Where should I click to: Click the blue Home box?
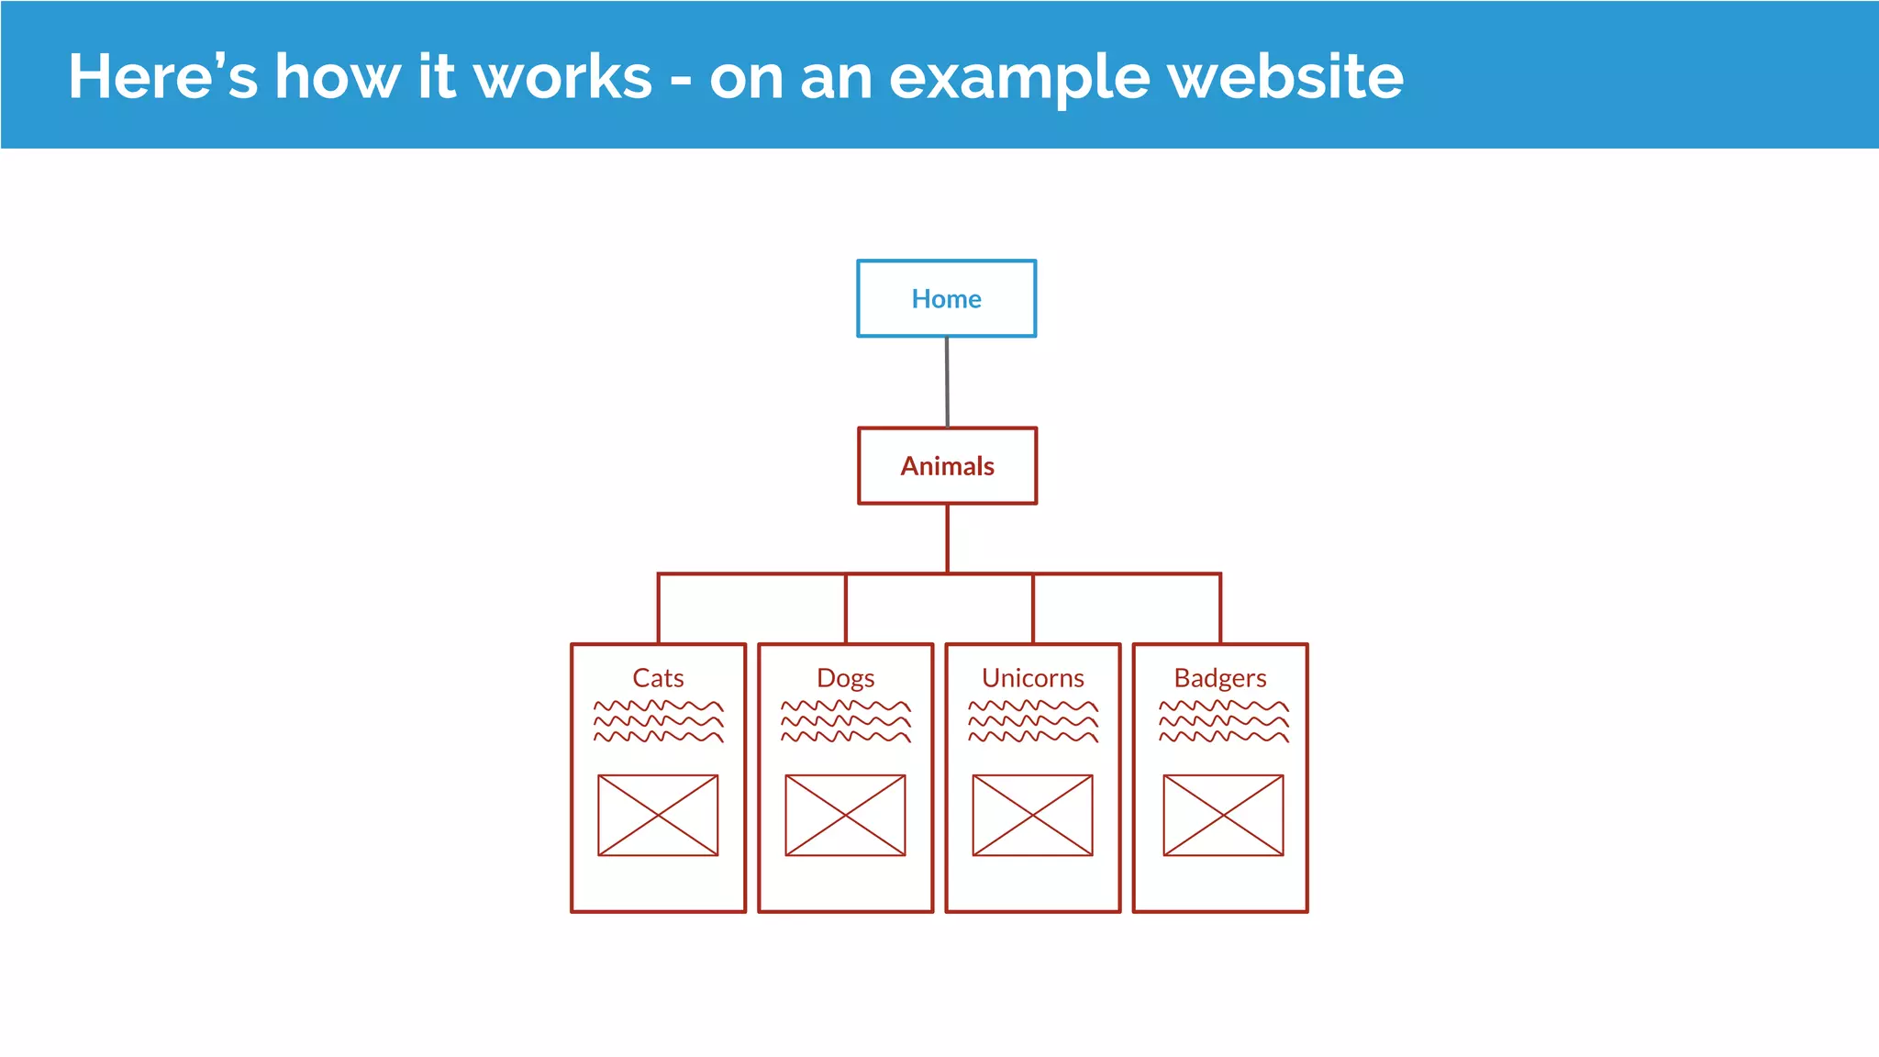(x=946, y=298)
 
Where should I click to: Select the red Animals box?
(x=947, y=466)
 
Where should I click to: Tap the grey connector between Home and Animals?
(x=947, y=382)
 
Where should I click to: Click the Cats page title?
(x=658, y=678)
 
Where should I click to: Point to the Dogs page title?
(x=845, y=678)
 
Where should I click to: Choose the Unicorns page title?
(x=1032, y=678)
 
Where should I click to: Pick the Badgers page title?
(x=1219, y=678)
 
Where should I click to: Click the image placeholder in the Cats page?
(x=658, y=815)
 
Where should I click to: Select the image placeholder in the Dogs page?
(x=845, y=815)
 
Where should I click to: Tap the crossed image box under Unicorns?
(x=1032, y=815)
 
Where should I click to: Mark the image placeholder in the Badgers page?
(x=1223, y=815)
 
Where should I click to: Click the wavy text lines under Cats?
(x=658, y=721)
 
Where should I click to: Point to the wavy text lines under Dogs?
(x=845, y=721)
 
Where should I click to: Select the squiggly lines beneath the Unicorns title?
(x=1032, y=721)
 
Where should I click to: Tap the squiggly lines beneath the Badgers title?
(x=1223, y=721)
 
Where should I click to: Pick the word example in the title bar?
(x=1018, y=78)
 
